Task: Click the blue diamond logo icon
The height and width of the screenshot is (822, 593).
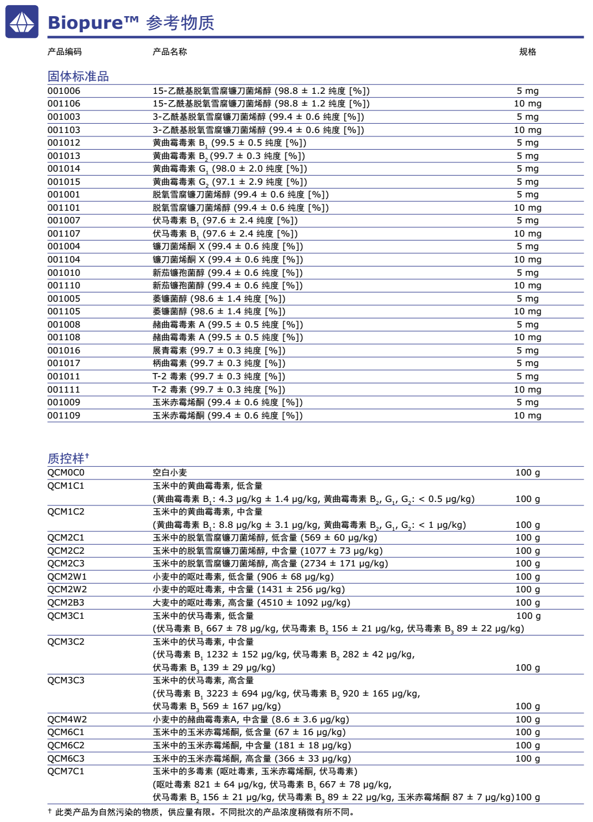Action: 22,22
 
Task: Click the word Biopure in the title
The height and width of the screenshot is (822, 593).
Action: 85,23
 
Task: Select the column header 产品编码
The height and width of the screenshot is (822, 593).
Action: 64,52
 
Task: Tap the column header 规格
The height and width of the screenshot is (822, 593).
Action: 527,52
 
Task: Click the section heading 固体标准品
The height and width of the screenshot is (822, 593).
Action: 78,77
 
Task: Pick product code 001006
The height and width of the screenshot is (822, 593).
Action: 64,91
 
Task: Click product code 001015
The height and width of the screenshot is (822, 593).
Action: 64,182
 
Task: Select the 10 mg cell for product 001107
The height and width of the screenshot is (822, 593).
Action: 527,234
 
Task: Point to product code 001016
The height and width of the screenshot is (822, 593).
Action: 64,351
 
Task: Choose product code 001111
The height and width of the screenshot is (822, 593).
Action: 64,390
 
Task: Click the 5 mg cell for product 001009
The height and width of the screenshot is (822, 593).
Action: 527,402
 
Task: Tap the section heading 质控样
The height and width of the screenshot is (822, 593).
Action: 66,459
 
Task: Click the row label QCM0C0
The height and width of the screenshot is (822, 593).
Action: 66,473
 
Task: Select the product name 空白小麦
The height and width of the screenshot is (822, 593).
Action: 170,473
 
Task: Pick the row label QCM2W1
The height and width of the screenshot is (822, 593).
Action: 67,577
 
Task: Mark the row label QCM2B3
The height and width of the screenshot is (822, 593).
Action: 66,603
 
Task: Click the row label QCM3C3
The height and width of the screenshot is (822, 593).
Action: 66,680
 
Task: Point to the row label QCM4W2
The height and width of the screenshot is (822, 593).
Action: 67,720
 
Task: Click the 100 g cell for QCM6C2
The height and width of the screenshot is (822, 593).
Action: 527,745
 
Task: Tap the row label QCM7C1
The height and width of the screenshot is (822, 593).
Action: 66,771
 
